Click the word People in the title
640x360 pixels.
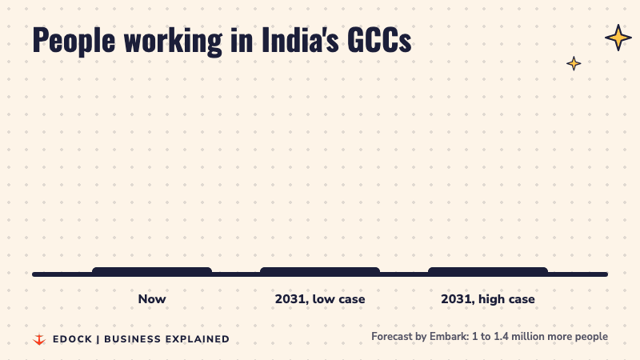point(74,41)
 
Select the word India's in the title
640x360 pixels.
point(301,39)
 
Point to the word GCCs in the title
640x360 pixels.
point(379,40)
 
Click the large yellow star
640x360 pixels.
point(618,38)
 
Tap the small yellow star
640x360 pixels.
point(574,63)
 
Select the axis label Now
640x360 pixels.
point(152,299)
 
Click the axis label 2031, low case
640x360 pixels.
point(320,299)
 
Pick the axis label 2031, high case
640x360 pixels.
point(488,299)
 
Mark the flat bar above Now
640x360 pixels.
point(152,270)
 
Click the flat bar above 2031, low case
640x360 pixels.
point(320,270)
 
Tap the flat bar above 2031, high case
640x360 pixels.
point(488,270)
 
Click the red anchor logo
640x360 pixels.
point(39,339)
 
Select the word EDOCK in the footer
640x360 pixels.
point(73,339)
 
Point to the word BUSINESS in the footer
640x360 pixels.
point(133,339)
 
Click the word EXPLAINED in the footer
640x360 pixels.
point(198,339)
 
